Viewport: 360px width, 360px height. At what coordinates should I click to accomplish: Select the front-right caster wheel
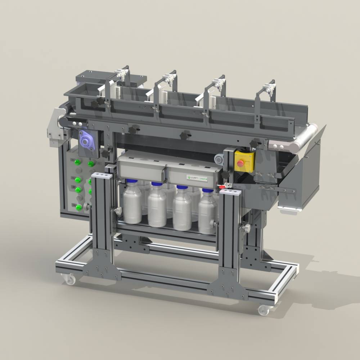click(x=264, y=310)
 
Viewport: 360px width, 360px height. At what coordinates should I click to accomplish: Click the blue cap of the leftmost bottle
click(x=132, y=181)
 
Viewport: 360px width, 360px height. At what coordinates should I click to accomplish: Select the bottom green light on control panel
click(x=78, y=207)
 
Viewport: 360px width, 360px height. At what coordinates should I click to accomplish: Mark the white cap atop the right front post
click(x=230, y=193)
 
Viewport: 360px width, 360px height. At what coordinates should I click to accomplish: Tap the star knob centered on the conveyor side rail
click(x=185, y=135)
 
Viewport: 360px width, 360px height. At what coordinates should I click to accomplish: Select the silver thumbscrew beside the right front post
click(x=246, y=228)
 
